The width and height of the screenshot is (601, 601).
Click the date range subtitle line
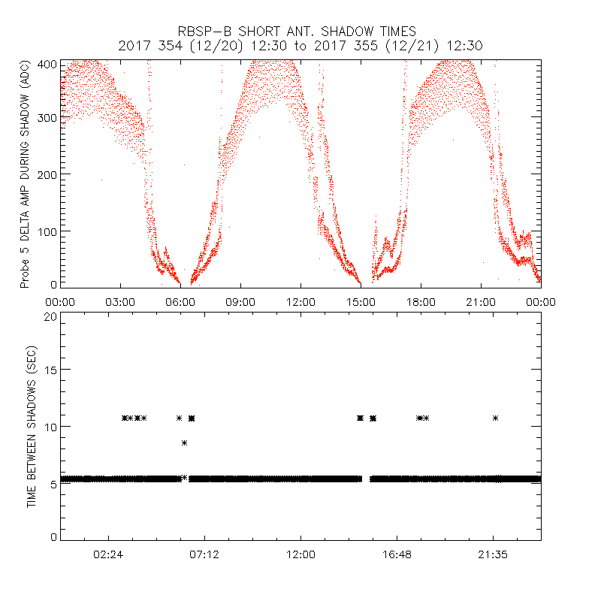click(300, 46)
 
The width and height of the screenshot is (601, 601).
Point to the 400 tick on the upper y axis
click(48, 65)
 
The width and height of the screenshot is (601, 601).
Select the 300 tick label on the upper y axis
click(48, 118)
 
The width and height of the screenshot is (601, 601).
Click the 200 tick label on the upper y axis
click(48, 174)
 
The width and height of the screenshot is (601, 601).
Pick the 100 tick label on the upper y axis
click(48, 231)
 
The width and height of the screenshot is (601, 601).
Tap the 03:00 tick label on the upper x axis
click(120, 301)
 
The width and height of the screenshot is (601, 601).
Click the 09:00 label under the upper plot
click(240, 301)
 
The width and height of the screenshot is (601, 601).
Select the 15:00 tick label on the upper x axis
click(361, 301)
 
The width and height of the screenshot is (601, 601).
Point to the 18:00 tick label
click(421, 301)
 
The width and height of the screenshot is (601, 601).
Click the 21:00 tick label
click(481, 301)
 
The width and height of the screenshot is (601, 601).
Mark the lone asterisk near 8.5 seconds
click(184, 443)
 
